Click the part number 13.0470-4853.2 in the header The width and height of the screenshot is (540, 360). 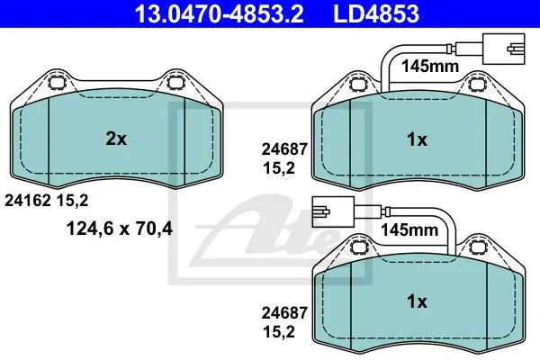tap(219, 13)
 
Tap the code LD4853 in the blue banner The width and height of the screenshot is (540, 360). tap(376, 13)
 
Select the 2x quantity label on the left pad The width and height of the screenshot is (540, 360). tap(116, 139)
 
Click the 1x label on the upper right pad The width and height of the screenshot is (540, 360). tap(417, 139)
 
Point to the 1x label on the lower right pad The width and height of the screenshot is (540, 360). tap(417, 301)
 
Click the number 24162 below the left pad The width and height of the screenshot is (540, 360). tap(28, 200)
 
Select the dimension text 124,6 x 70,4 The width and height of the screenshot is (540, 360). tap(120, 229)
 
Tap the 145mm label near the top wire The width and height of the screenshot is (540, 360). tap(430, 66)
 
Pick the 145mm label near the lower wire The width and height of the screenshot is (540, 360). tap(409, 229)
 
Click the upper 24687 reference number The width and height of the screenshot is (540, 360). tap(284, 149)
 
